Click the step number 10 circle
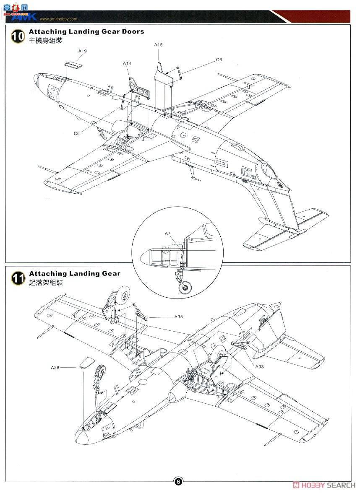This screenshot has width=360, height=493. (17, 36)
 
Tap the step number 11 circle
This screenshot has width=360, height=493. (17, 278)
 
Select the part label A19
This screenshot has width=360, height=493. (83, 51)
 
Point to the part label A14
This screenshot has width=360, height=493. (127, 63)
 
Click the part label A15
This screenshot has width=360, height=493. (158, 44)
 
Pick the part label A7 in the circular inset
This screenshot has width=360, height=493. (168, 233)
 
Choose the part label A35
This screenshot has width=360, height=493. (179, 317)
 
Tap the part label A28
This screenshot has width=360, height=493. (55, 367)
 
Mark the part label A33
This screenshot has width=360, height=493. (259, 366)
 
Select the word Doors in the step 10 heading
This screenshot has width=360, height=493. (130, 31)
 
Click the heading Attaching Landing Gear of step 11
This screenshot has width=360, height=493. (75, 273)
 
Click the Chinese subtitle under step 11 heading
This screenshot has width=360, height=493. (46, 283)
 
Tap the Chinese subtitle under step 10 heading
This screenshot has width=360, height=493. (46, 41)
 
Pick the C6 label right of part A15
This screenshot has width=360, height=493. (219, 60)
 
